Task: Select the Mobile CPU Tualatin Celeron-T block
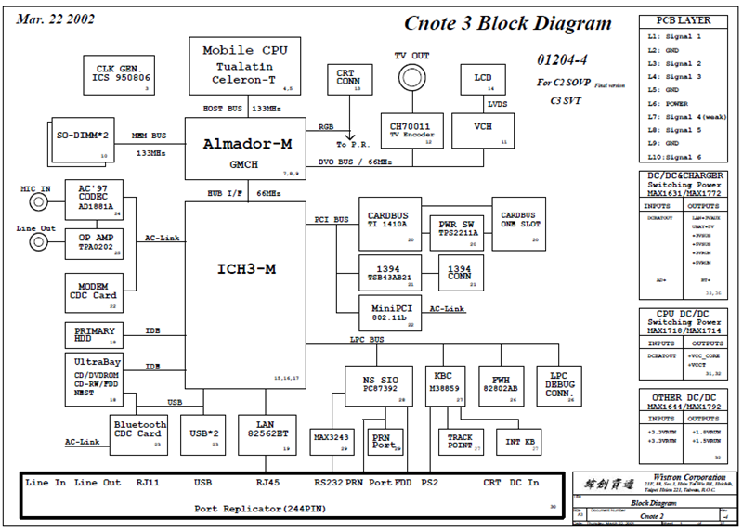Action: (x=245, y=65)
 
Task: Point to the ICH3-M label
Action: (x=245, y=269)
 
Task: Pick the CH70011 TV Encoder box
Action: (x=412, y=130)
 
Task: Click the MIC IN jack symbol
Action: (x=39, y=202)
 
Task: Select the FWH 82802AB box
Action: (x=501, y=381)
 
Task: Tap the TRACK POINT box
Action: (x=460, y=441)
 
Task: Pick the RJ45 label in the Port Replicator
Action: (x=267, y=483)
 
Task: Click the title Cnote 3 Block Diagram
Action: (x=507, y=25)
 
